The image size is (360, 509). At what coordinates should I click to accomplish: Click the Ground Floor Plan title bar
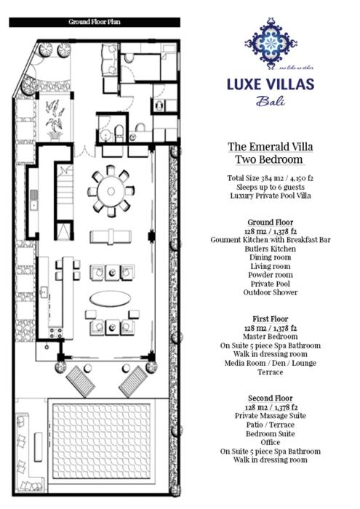[x=95, y=22]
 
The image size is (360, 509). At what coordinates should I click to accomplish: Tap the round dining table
[x=111, y=191]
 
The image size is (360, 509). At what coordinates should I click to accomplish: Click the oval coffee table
[x=111, y=298]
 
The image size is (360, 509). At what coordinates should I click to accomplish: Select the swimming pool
[x=102, y=441]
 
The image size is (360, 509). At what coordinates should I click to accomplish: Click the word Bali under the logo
[x=271, y=101]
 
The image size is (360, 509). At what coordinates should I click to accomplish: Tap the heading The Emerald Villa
[x=271, y=147]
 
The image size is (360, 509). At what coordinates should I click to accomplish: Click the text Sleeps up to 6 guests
[x=271, y=187]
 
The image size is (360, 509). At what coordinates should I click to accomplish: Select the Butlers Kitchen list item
[x=271, y=249]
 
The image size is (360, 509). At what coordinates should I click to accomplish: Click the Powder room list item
[x=271, y=275]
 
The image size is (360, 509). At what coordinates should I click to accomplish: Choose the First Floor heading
[x=271, y=319]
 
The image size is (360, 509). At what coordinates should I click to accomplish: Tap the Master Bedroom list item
[x=271, y=337]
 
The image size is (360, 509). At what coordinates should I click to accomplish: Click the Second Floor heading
[x=271, y=398]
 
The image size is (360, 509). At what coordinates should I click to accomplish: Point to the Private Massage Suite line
[x=271, y=416]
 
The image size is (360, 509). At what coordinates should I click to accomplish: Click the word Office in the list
[x=271, y=442]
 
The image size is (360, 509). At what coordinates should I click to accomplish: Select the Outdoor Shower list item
[x=271, y=292]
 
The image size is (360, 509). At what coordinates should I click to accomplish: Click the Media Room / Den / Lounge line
[x=271, y=364]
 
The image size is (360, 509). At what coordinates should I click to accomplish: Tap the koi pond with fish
[x=55, y=119]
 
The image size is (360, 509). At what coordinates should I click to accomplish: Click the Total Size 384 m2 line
[x=271, y=178]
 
